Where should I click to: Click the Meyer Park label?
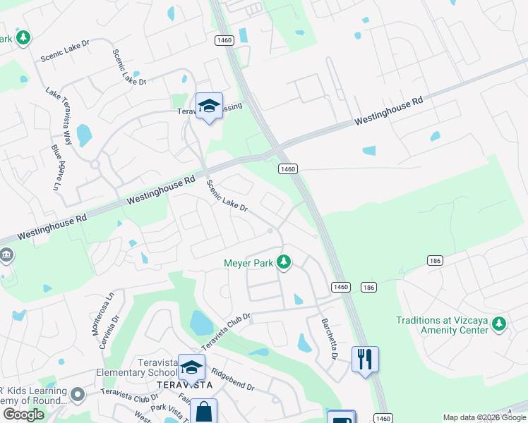248,264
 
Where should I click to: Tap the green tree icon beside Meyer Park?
284,263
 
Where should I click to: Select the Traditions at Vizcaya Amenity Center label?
442,325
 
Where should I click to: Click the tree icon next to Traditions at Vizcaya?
499,324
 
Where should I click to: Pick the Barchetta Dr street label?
329,338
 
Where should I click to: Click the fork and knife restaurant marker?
365,360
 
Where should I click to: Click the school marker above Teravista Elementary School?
191,367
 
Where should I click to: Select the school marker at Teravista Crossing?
209,106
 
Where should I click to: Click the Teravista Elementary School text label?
137,373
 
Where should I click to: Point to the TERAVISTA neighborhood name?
184,385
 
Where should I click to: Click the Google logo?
23,415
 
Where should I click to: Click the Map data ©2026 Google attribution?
484,417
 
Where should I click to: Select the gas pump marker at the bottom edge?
340,417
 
